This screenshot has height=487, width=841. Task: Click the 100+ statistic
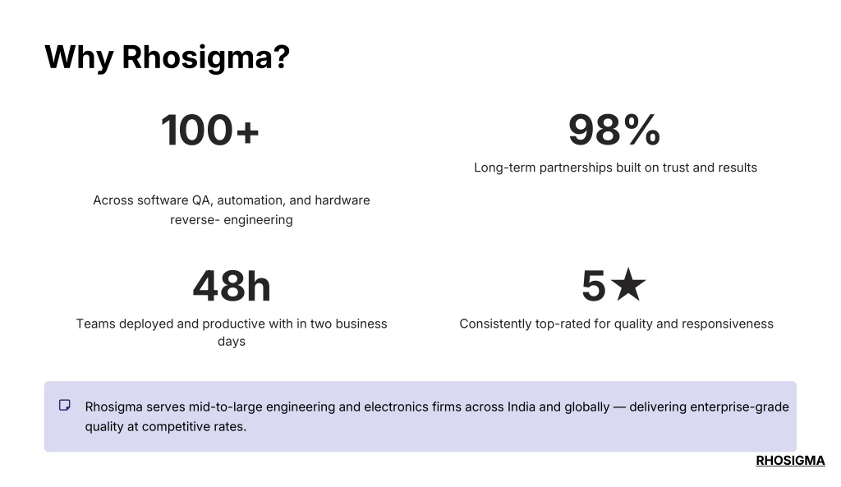(209, 131)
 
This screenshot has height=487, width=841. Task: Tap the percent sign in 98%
(642, 130)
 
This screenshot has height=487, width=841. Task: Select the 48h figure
(232, 286)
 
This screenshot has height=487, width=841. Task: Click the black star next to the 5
(628, 285)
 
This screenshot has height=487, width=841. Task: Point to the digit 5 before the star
(594, 286)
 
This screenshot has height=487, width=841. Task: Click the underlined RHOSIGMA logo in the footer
(790, 461)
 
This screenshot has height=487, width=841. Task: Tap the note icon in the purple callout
(65, 406)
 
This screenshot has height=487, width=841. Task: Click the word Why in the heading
(79, 57)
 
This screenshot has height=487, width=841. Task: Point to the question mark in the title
(282, 57)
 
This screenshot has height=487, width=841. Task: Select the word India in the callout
(522, 407)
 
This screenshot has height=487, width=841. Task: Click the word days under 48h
(232, 342)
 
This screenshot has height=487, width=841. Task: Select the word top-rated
(572, 324)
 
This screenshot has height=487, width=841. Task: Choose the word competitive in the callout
(177, 427)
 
